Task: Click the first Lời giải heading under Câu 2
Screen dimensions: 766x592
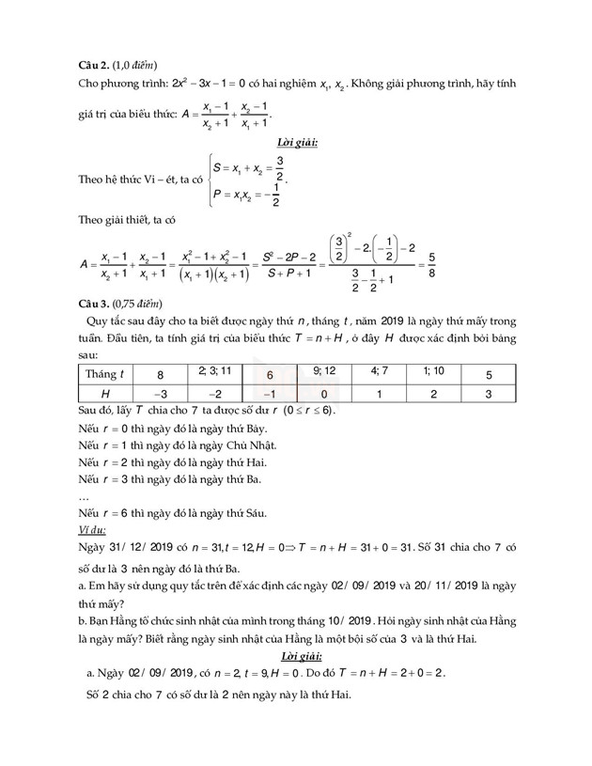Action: pos(296,142)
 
